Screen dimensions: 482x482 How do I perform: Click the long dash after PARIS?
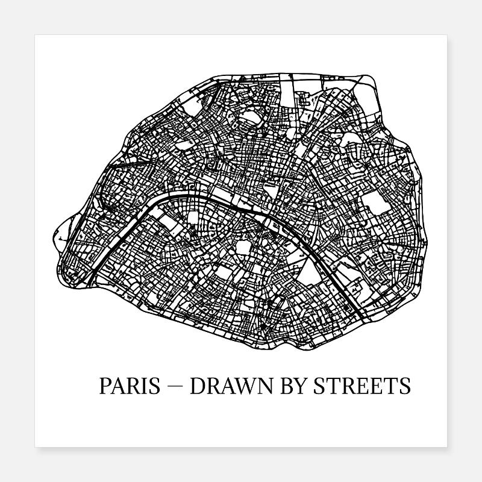pos(175,386)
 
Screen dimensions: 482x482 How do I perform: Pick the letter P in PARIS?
pos(105,386)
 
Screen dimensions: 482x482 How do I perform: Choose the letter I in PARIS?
pos(143,386)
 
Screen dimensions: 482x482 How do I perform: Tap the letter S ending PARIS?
pos(153,386)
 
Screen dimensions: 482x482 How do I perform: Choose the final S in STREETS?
pos(405,386)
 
